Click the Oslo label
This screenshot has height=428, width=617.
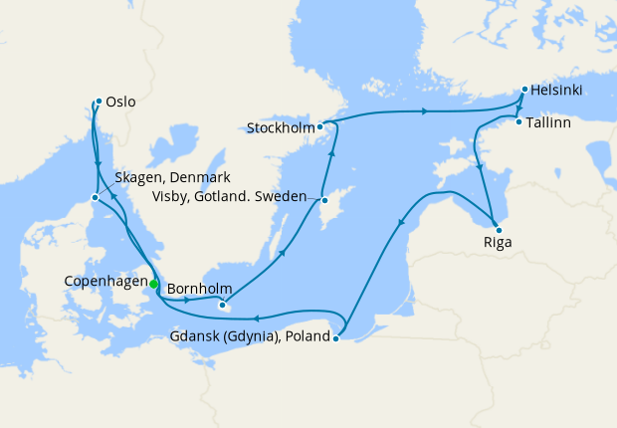[x=121, y=102]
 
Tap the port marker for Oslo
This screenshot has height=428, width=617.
[x=99, y=102]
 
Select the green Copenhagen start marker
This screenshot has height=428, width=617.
[x=154, y=285]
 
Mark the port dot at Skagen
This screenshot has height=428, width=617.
[x=95, y=197]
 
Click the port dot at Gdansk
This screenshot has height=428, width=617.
[x=336, y=338]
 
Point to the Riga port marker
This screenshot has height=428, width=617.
[x=498, y=229]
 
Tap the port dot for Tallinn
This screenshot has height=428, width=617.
[x=518, y=122]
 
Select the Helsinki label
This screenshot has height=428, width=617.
[x=557, y=91]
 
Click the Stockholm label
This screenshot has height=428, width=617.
[x=282, y=127]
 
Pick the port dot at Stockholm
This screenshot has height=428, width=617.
[x=320, y=127]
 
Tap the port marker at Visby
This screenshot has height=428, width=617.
[x=323, y=200]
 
